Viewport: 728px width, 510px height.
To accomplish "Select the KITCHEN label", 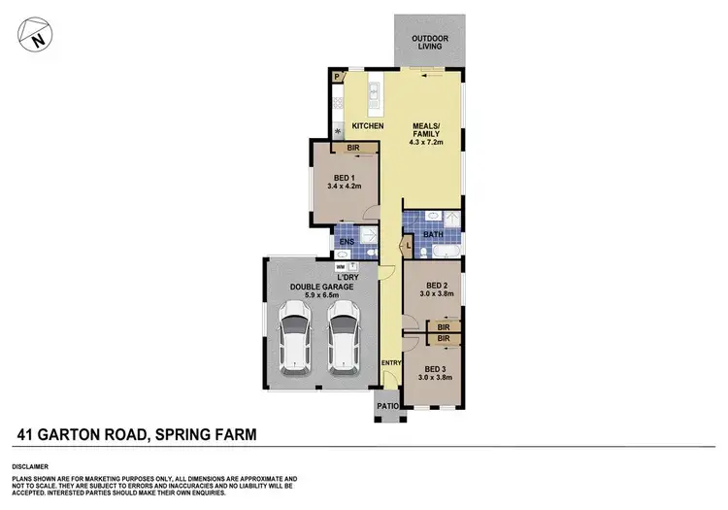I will point(367,127).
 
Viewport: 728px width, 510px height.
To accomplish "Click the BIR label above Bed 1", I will point(352,148).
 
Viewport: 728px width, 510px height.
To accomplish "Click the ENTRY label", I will point(390,363).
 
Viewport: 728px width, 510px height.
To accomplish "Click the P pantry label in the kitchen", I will point(336,76).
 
